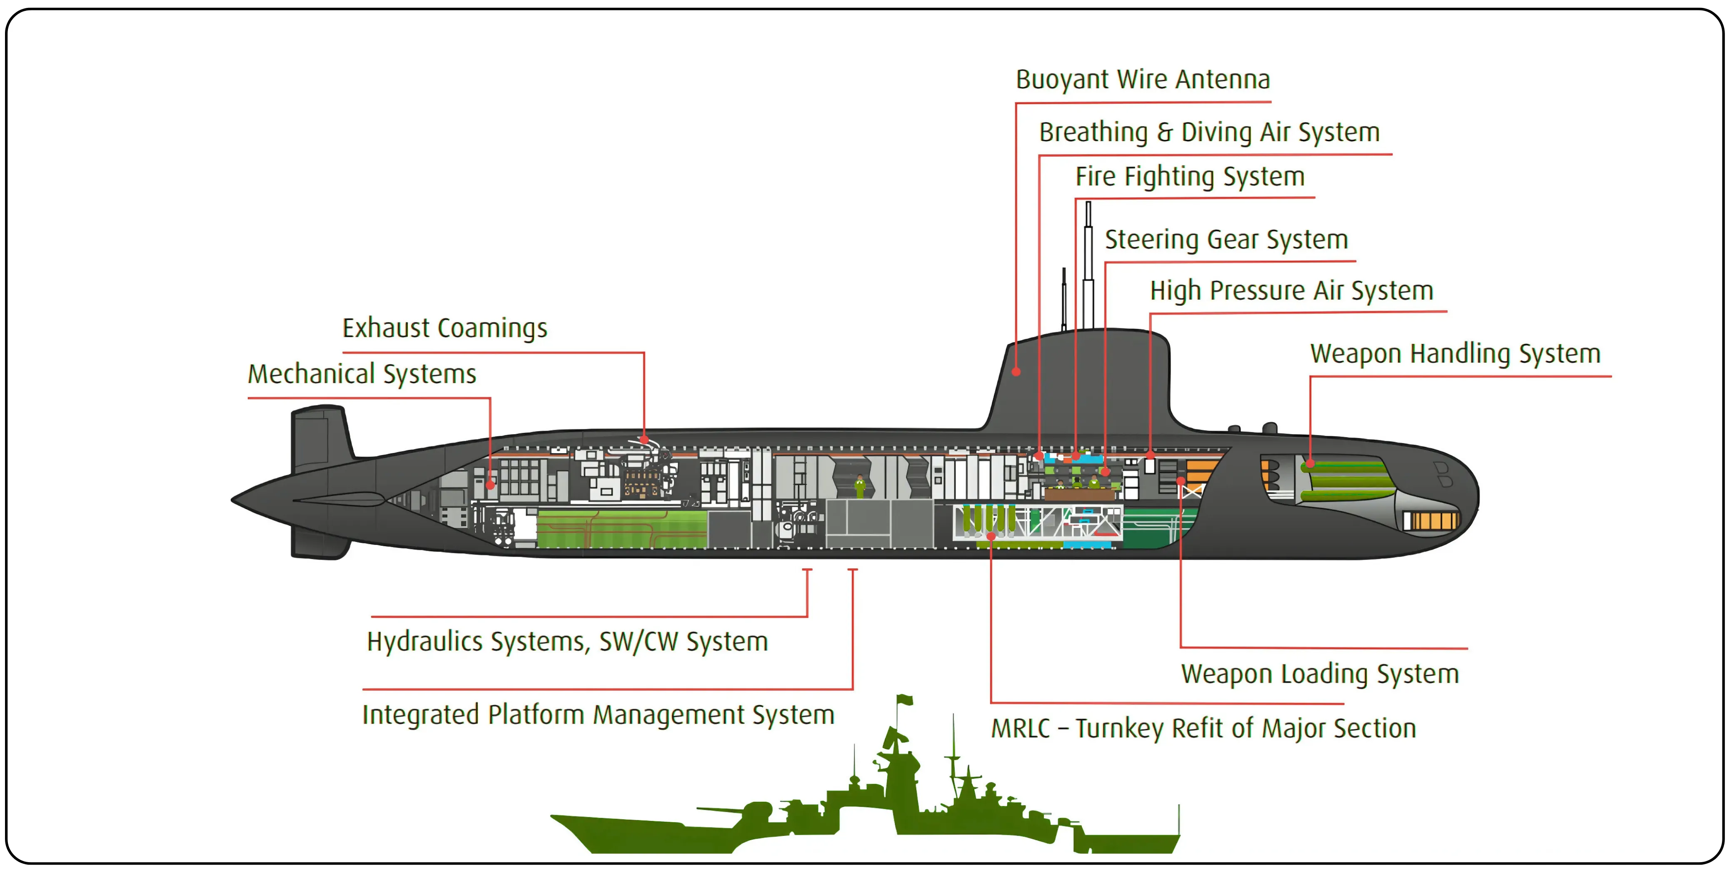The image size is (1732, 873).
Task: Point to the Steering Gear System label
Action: tap(1226, 239)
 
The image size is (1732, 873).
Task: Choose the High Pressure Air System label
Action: tap(1291, 290)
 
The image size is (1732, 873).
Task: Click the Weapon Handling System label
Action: tap(1455, 353)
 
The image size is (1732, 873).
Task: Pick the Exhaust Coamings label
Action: tap(444, 328)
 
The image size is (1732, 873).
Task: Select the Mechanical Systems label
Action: tap(362, 374)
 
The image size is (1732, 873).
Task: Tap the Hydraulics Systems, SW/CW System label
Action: tap(567, 641)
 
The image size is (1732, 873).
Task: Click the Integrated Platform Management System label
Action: tap(598, 714)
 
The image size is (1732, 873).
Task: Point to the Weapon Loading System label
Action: tap(1320, 674)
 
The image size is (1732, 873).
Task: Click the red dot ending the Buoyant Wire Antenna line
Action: tap(1016, 372)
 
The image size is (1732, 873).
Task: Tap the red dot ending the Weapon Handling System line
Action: tap(1310, 463)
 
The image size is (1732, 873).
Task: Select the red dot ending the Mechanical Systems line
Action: tap(490, 485)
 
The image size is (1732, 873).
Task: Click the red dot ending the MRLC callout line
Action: tap(991, 536)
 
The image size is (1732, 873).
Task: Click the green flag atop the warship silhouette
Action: tap(904, 700)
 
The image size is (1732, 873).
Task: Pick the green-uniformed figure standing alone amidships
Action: tap(859, 486)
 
